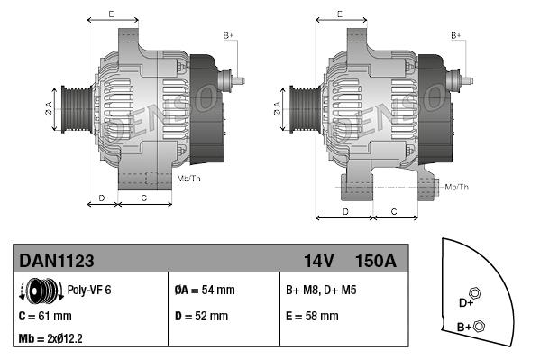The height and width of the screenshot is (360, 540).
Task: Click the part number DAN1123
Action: (57, 261)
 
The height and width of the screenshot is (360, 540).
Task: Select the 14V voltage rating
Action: (318, 261)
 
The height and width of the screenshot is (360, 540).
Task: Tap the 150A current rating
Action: (375, 261)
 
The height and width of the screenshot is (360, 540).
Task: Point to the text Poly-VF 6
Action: (89, 291)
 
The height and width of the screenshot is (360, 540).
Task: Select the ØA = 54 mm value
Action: (204, 291)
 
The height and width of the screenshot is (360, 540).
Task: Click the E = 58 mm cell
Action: (312, 317)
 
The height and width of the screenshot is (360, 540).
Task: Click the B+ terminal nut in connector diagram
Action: (480, 326)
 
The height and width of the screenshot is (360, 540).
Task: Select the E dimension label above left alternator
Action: (111, 14)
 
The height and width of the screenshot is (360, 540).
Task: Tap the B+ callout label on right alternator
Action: (455, 34)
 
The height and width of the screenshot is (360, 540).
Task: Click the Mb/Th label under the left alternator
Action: (189, 179)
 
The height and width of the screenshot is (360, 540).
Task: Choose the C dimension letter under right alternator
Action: (394, 211)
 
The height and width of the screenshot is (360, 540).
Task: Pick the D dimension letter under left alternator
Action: (101, 197)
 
